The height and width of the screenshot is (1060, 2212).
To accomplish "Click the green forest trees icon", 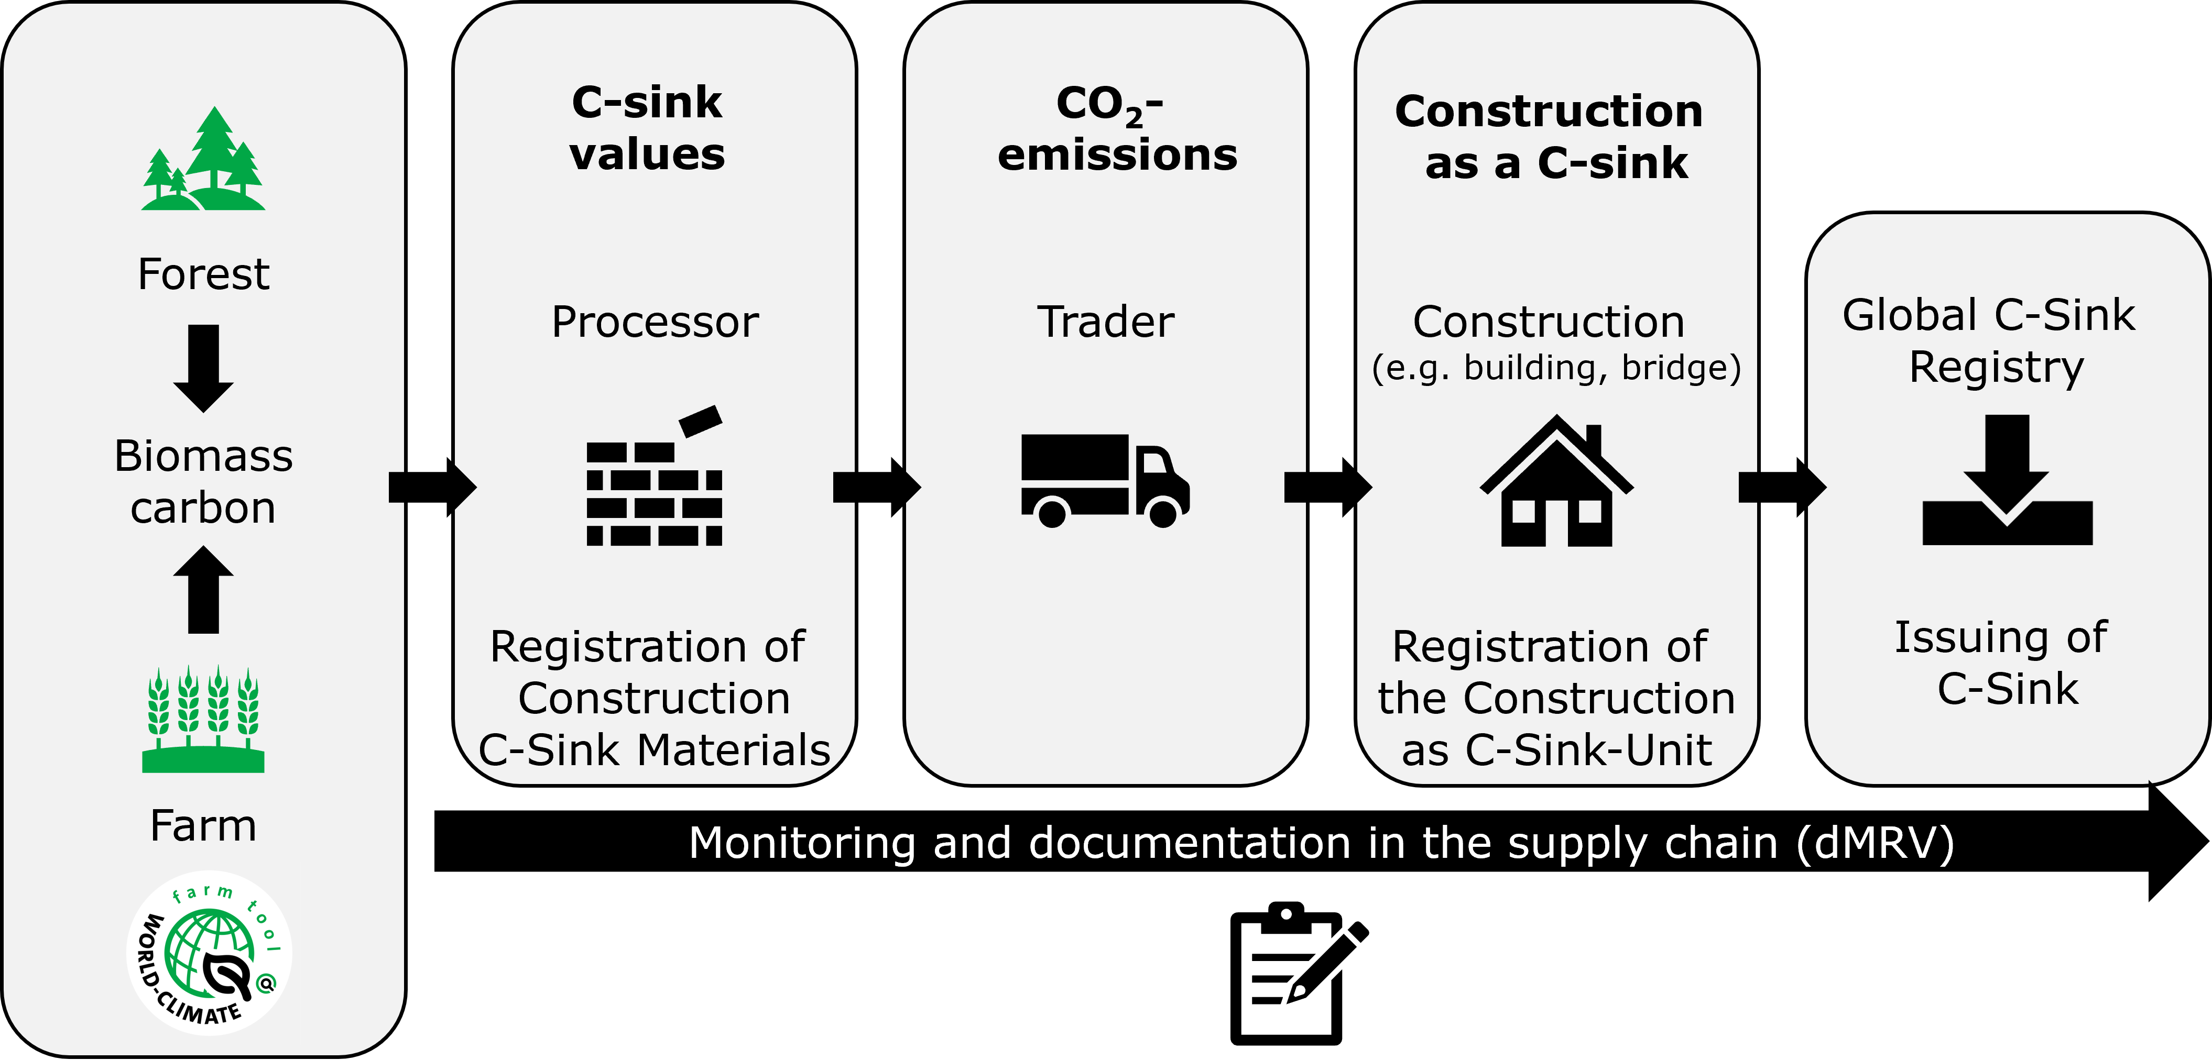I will [x=203, y=160].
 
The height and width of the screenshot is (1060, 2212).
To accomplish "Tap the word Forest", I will [x=203, y=274].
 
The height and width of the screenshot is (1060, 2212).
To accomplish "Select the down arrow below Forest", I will [x=203, y=367].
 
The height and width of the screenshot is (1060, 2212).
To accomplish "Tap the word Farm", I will [x=203, y=826].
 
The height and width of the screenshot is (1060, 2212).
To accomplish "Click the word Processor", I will [x=655, y=323].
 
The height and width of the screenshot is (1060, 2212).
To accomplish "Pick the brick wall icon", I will [x=655, y=481].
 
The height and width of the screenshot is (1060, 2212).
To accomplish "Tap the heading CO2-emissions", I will [x=1116, y=129].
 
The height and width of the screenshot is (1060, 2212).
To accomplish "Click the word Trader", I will [x=1106, y=323].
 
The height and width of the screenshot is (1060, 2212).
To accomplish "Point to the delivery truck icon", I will [x=1105, y=481].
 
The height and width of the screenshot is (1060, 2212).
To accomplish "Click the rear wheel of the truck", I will [x=1052, y=513].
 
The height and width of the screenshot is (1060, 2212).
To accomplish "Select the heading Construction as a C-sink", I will [x=1551, y=137].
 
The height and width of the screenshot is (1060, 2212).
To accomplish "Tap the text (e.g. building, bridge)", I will [x=1556, y=368].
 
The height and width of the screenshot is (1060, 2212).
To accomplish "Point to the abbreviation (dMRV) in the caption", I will [x=1875, y=844].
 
